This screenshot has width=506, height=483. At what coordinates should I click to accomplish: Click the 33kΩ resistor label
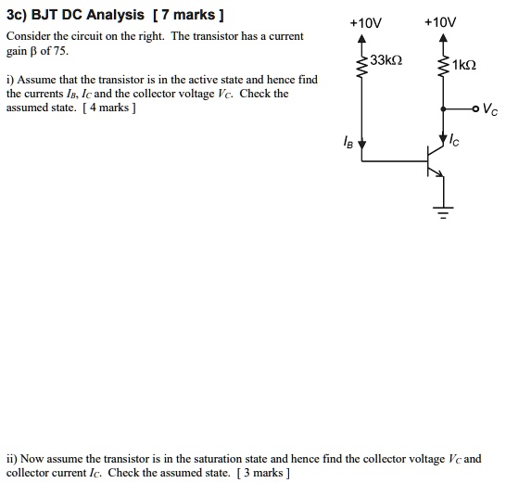(x=386, y=61)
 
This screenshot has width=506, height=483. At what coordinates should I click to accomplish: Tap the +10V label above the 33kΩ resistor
(x=362, y=21)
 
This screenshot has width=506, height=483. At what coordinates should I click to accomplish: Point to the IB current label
(x=348, y=144)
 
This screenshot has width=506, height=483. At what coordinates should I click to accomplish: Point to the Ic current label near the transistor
(x=454, y=142)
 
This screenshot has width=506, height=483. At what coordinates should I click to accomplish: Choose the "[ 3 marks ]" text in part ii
(x=263, y=473)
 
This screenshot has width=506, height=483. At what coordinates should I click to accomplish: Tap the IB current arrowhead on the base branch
(x=363, y=145)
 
